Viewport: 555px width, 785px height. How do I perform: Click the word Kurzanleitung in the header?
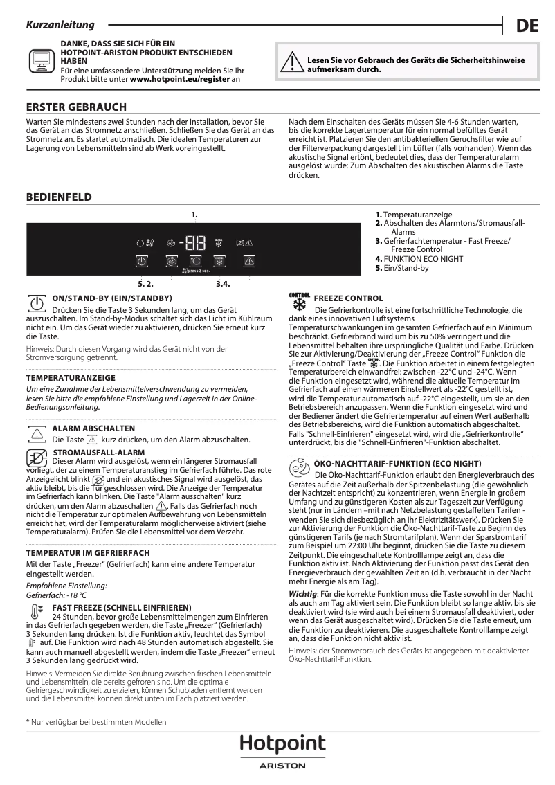coord(60,25)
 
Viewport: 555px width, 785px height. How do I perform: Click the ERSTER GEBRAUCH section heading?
coord(76,107)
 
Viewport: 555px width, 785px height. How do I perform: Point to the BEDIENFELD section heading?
coord(59,197)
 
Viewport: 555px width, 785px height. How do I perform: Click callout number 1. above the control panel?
coord(194,215)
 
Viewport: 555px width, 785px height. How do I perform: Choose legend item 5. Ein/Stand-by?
coord(401,268)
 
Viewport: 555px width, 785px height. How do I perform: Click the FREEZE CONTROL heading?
coord(348,298)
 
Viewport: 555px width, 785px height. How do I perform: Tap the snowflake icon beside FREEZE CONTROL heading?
coord(300,304)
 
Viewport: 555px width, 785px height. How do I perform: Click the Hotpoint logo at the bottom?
coord(282,744)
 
